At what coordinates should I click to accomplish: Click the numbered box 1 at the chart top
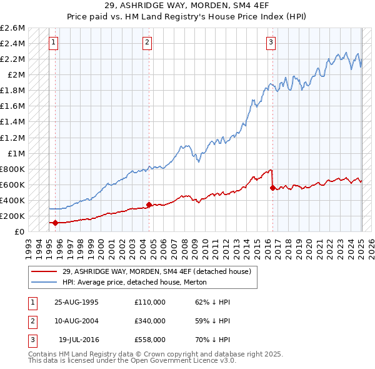click(x=54, y=43)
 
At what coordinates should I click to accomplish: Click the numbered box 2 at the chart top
click(x=147, y=43)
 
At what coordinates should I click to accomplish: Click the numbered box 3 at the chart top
click(x=271, y=43)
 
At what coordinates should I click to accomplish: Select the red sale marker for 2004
click(x=149, y=205)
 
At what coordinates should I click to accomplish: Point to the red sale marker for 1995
click(x=56, y=223)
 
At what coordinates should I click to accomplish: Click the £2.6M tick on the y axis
click(x=12, y=28)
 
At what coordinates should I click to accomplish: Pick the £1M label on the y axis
click(x=15, y=153)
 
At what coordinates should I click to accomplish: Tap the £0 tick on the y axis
click(x=19, y=231)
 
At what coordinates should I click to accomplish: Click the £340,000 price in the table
click(x=149, y=321)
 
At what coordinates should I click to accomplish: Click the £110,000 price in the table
click(x=149, y=302)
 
